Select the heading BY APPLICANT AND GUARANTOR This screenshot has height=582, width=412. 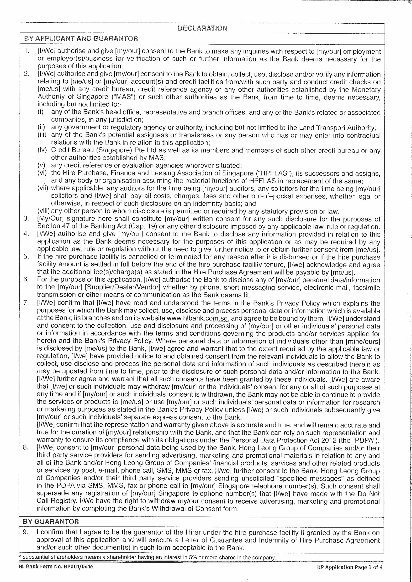point(81,39)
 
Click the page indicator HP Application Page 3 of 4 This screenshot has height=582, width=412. point(350,567)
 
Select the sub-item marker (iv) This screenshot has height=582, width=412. point(42,150)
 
